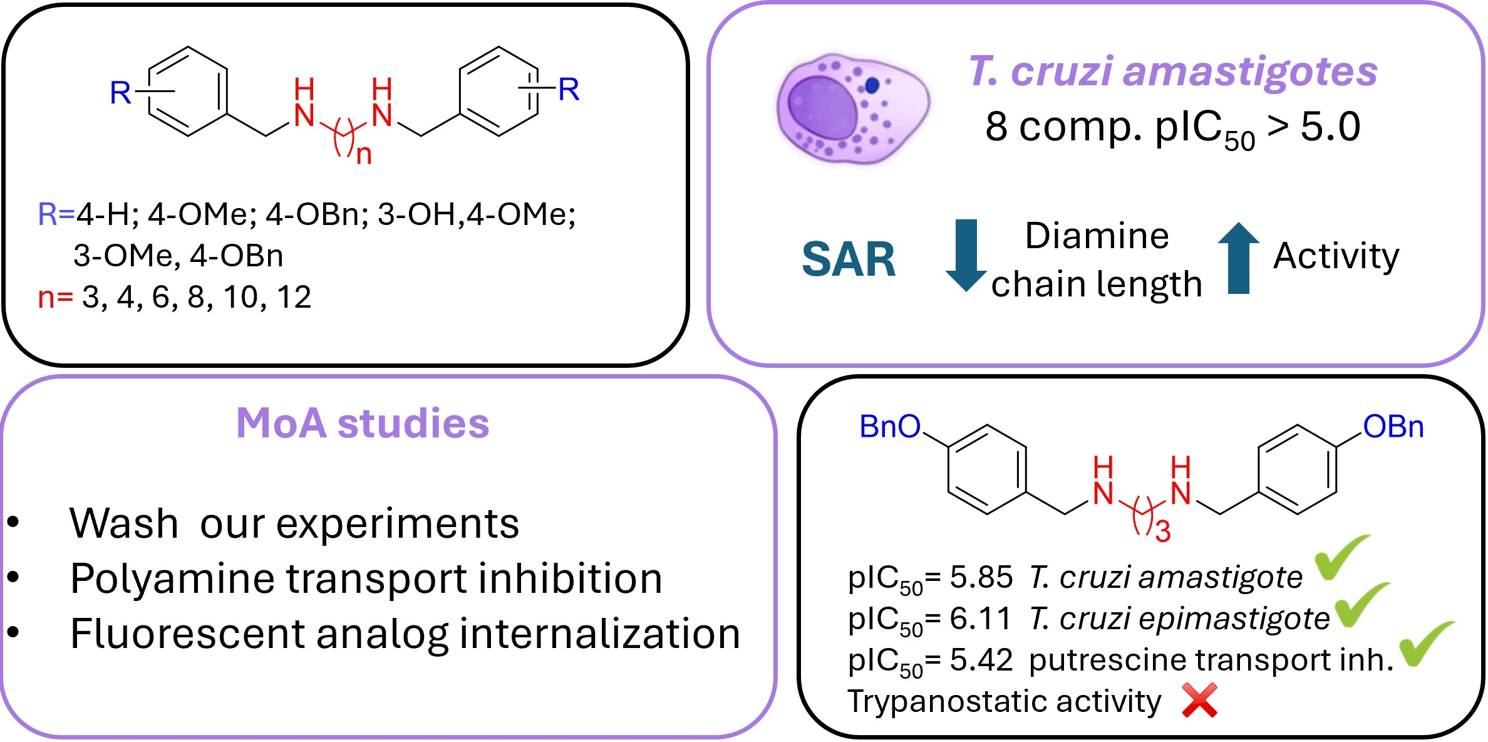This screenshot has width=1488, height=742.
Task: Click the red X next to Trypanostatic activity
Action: [1199, 700]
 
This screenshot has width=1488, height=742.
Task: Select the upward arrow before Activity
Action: [1238, 258]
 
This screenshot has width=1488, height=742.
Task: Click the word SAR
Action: [849, 259]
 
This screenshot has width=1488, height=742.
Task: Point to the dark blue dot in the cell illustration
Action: [872, 85]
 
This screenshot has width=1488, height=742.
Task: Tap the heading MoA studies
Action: [363, 423]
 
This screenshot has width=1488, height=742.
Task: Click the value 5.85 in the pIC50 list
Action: [981, 577]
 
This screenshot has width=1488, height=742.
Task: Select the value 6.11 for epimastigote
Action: [981, 619]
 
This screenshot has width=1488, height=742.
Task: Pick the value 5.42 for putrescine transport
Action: [981, 660]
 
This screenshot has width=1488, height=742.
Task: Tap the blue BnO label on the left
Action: [890, 427]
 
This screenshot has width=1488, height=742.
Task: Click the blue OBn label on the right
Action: [1393, 427]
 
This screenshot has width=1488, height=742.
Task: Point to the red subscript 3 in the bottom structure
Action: [1163, 532]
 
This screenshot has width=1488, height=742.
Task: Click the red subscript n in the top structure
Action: [364, 154]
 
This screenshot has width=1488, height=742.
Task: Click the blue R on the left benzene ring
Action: [120, 93]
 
